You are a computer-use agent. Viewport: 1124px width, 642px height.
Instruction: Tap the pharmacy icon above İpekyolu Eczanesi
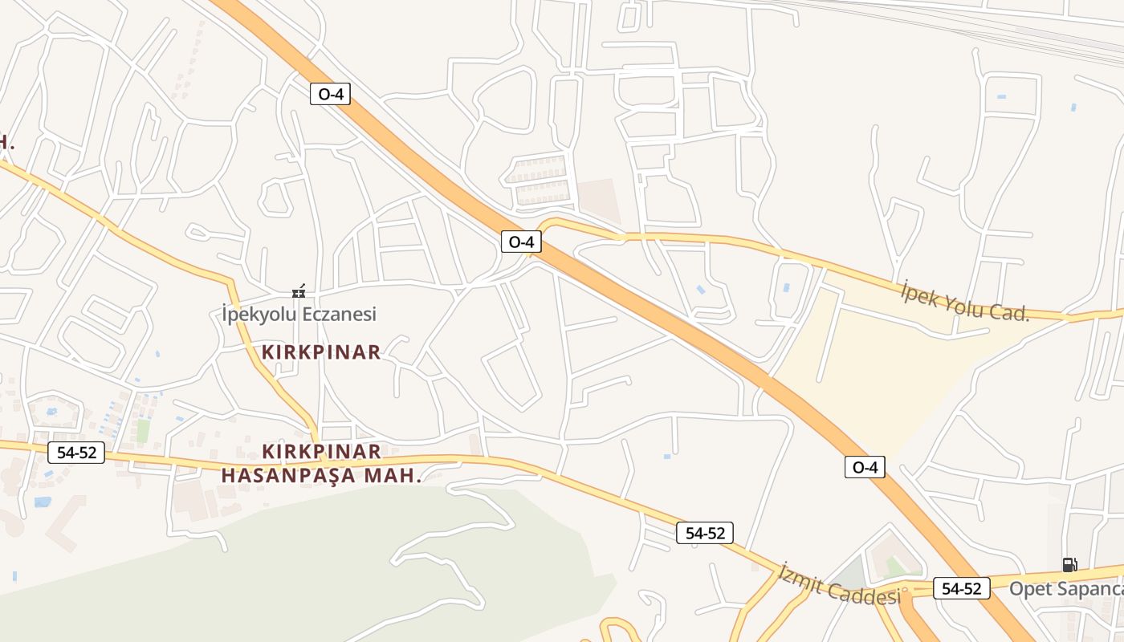pyautogui.click(x=299, y=292)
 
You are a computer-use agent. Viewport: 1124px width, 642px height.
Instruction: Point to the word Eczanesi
pyautogui.click(x=340, y=314)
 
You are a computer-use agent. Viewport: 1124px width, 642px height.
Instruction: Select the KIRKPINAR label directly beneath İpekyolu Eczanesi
pyautogui.click(x=321, y=352)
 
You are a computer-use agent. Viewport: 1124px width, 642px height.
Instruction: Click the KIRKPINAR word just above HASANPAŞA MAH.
pyautogui.click(x=321, y=451)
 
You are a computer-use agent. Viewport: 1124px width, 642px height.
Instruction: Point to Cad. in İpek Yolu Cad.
pyautogui.click(x=1010, y=312)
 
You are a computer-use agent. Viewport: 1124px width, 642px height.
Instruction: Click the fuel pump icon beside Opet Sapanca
pyautogui.click(x=1069, y=565)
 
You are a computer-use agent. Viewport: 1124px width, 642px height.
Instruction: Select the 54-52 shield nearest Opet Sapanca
pyautogui.click(x=961, y=588)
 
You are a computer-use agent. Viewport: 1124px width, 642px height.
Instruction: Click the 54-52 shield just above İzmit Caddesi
pyautogui.click(x=704, y=533)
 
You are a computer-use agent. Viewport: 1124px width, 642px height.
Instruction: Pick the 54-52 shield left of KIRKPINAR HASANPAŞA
pyautogui.click(x=76, y=453)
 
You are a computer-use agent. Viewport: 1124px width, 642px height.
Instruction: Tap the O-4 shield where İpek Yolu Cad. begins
pyautogui.click(x=521, y=242)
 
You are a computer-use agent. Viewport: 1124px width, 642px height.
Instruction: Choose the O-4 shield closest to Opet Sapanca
pyautogui.click(x=865, y=467)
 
